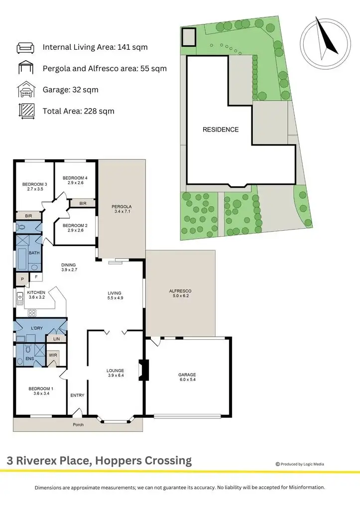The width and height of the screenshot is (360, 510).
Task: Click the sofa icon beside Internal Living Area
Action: coord(25,48)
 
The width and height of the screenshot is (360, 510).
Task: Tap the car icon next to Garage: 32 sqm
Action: coord(25,90)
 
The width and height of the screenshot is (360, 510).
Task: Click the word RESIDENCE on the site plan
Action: coord(220,129)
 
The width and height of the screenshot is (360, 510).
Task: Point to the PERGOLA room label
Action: coord(121,206)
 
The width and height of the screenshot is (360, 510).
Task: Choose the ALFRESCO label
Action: coord(180,291)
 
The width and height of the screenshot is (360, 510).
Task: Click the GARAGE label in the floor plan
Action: coord(187,375)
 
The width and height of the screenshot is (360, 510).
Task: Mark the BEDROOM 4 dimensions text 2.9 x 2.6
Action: coord(75,183)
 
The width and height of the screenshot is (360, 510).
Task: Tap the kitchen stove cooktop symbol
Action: coord(32,313)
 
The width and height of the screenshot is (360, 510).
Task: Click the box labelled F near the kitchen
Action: coord(36,277)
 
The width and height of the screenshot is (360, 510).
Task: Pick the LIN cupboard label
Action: coord(56,338)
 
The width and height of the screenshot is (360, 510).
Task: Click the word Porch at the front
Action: coord(77,425)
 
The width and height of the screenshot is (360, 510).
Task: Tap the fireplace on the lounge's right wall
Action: coord(142,370)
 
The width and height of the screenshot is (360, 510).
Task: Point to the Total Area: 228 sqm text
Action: coord(79,111)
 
